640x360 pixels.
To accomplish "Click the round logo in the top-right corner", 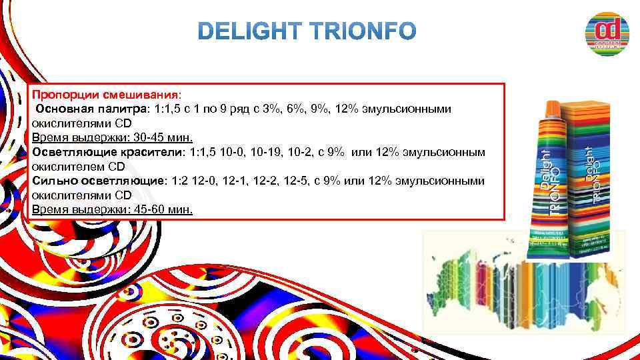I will click(607, 33).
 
